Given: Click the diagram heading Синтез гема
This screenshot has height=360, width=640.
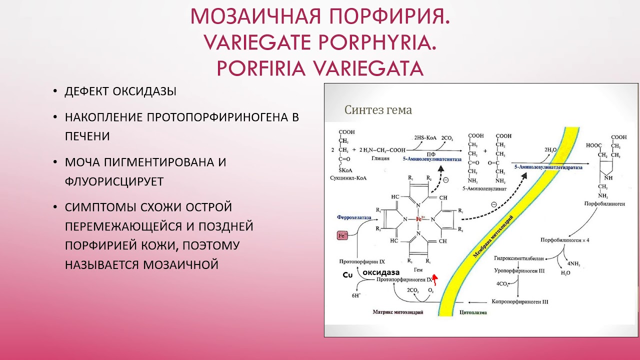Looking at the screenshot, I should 378,110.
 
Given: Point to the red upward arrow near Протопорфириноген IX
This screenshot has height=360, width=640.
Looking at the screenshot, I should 434,278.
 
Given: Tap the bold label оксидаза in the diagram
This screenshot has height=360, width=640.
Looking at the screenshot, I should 381,272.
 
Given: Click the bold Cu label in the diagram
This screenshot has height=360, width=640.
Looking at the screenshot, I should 347,275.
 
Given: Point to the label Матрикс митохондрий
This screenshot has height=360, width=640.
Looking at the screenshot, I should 398,312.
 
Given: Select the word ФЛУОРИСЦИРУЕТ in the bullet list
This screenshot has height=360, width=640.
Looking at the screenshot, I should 114,181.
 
